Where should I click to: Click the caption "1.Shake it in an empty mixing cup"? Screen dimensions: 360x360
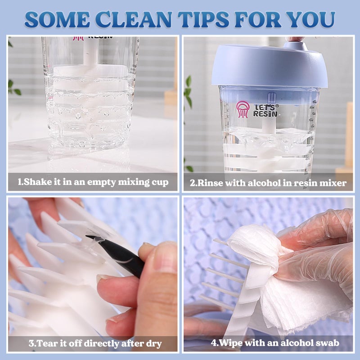tap(93, 182)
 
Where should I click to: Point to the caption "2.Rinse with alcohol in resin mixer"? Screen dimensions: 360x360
tap(268, 182)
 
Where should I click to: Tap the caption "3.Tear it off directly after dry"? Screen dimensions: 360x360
tap(95, 344)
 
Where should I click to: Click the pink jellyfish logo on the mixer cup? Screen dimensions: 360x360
tap(243, 109)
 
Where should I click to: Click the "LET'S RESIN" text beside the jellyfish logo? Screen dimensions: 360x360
tap(265, 110)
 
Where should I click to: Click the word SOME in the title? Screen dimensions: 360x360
tap(54, 19)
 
